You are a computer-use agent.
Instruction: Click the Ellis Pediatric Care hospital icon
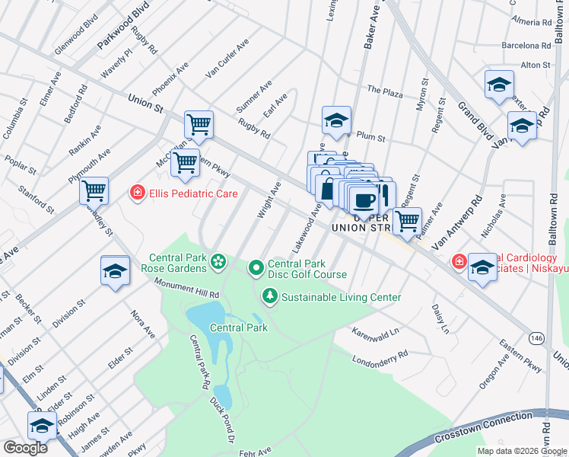(137, 193)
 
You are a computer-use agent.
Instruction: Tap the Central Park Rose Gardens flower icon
(218, 263)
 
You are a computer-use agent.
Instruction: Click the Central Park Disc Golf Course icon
(256, 267)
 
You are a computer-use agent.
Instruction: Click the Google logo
(25, 448)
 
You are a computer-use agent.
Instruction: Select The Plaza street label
(384, 90)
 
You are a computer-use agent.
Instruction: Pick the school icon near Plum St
(335, 120)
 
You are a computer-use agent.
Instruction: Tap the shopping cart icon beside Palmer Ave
(408, 220)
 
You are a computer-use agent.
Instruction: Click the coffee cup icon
(364, 200)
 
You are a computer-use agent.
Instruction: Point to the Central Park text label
(239, 328)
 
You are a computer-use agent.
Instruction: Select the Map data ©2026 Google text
(522, 451)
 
